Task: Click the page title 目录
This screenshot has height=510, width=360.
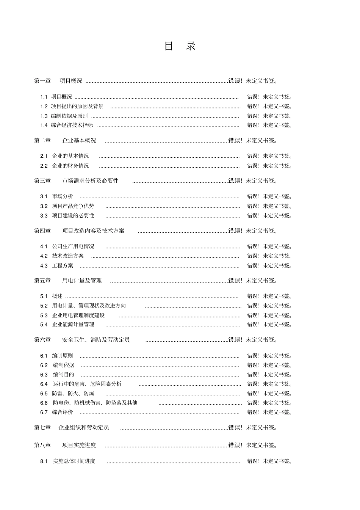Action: click(180, 46)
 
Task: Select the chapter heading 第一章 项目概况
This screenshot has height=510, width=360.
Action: click(58, 81)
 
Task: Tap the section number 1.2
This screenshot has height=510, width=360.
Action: click(44, 107)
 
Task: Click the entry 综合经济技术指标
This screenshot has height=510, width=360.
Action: click(72, 125)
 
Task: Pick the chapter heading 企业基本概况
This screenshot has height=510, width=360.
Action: click(79, 141)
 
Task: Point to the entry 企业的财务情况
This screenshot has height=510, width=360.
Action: click(70, 166)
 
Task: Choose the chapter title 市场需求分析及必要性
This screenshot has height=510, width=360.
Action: click(90, 181)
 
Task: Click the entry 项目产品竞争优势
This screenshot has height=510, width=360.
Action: click(73, 206)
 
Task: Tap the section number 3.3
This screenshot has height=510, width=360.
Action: click(44, 216)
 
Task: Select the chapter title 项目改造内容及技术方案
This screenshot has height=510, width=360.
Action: click(93, 231)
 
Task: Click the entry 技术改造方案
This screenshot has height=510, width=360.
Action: click(68, 256)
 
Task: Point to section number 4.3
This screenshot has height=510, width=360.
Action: click(44, 266)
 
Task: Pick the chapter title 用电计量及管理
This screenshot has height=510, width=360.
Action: click(82, 281)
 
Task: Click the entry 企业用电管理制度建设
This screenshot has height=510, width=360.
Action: click(78, 315)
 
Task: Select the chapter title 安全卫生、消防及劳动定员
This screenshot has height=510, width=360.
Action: click(96, 340)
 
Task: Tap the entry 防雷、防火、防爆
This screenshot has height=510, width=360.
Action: click(74, 394)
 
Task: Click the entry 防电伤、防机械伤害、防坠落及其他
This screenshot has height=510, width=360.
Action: click(95, 403)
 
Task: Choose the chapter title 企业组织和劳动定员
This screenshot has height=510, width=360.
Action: click(84, 428)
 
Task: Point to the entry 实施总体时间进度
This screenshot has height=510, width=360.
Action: click(74, 461)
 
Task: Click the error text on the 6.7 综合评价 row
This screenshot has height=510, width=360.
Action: click(269, 412)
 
